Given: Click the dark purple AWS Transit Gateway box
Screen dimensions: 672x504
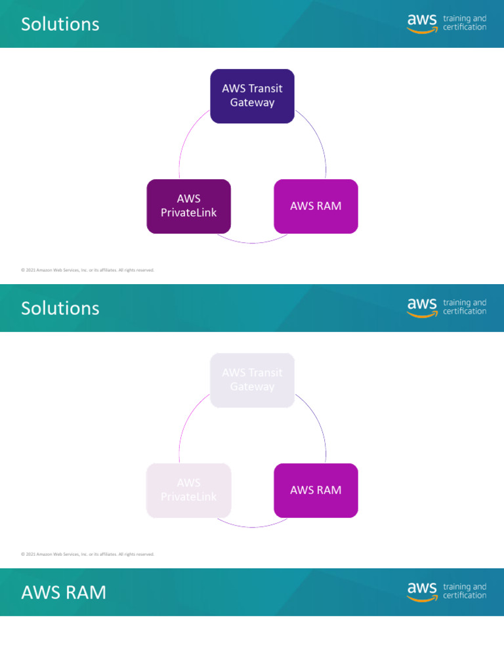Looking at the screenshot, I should tap(252, 96).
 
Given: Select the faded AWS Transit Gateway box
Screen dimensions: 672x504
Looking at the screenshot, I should tap(252, 380).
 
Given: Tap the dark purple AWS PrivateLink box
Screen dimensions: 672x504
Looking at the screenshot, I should tap(188, 206).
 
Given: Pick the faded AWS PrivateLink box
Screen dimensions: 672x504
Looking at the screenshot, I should tap(188, 490).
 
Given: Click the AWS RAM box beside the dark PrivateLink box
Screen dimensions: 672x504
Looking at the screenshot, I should tap(316, 206).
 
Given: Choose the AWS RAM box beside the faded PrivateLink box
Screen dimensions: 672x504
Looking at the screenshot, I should tap(316, 490).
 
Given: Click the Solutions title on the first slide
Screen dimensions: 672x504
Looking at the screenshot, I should tap(60, 24).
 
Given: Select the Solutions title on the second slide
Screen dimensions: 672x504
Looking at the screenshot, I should tap(60, 308).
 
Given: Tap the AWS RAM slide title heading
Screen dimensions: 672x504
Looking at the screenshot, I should tap(63, 593).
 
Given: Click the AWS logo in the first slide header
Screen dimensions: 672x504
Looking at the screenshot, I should tap(422, 24).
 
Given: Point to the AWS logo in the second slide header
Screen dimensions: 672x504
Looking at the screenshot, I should tap(422, 308).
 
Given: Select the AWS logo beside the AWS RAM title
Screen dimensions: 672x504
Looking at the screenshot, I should tap(422, 592).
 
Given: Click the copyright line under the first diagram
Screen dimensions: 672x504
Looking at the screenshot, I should tap(87, 270).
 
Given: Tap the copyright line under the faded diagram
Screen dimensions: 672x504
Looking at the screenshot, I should tap(87, 554).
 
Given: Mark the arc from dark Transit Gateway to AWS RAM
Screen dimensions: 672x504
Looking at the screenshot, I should tap(318, 138).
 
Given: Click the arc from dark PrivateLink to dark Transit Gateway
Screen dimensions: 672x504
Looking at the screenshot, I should tap(186, 138).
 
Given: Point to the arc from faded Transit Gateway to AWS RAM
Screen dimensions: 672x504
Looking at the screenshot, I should tap(318, 423).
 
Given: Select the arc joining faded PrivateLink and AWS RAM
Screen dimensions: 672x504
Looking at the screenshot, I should tap(252, 526).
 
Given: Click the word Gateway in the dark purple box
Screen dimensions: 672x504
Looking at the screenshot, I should tap(252, 103).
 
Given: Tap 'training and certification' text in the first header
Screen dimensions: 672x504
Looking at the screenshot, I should tap(465, 23).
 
